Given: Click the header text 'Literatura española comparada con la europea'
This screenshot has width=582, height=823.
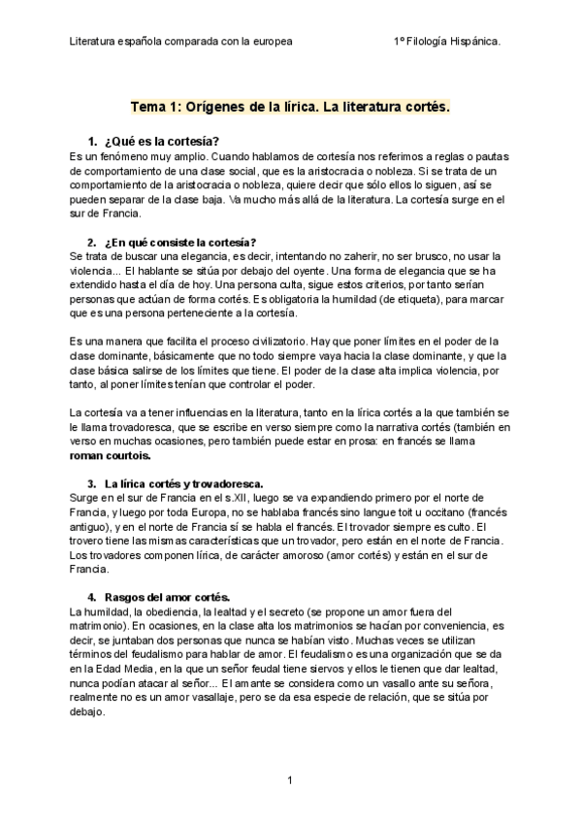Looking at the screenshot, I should point(181,42).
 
